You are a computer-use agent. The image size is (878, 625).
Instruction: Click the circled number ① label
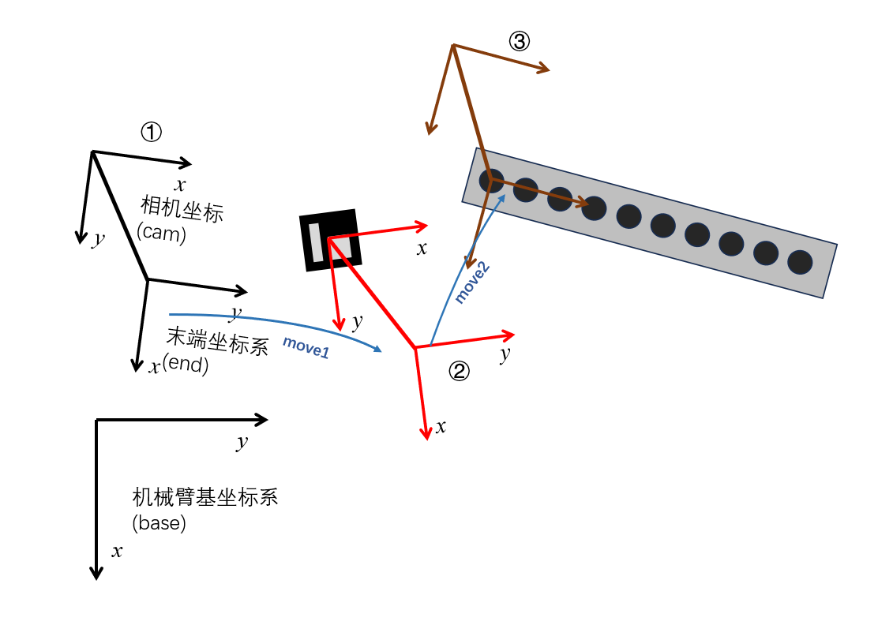[151, 132]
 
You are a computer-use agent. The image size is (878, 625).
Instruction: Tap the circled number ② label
[459, 371]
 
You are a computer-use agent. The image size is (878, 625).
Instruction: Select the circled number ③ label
[519, 41]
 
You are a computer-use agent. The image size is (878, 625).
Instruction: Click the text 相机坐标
[182, 210]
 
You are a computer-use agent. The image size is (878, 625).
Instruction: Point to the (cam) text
[161, 234]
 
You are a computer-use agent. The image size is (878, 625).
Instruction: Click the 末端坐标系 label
[218, 342]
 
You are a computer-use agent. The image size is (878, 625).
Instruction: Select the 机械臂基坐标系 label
[205, 497]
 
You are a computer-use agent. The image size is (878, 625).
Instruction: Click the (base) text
[159, 522]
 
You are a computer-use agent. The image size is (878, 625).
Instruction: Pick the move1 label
[306, 347]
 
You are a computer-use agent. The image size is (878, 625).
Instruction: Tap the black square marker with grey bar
[330, 240]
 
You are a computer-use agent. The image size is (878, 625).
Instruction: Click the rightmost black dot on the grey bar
[800, 262]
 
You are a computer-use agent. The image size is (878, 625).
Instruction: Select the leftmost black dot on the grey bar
[491, 181]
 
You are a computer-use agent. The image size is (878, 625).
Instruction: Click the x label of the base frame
[117, 552]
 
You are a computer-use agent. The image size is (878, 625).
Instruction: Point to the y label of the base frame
[242, 442]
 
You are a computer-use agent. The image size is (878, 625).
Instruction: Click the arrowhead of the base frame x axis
[96, 574]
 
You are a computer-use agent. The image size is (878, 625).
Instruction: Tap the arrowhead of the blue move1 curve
[378, 349]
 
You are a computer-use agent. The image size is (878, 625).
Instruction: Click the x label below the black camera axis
[180, 185]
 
